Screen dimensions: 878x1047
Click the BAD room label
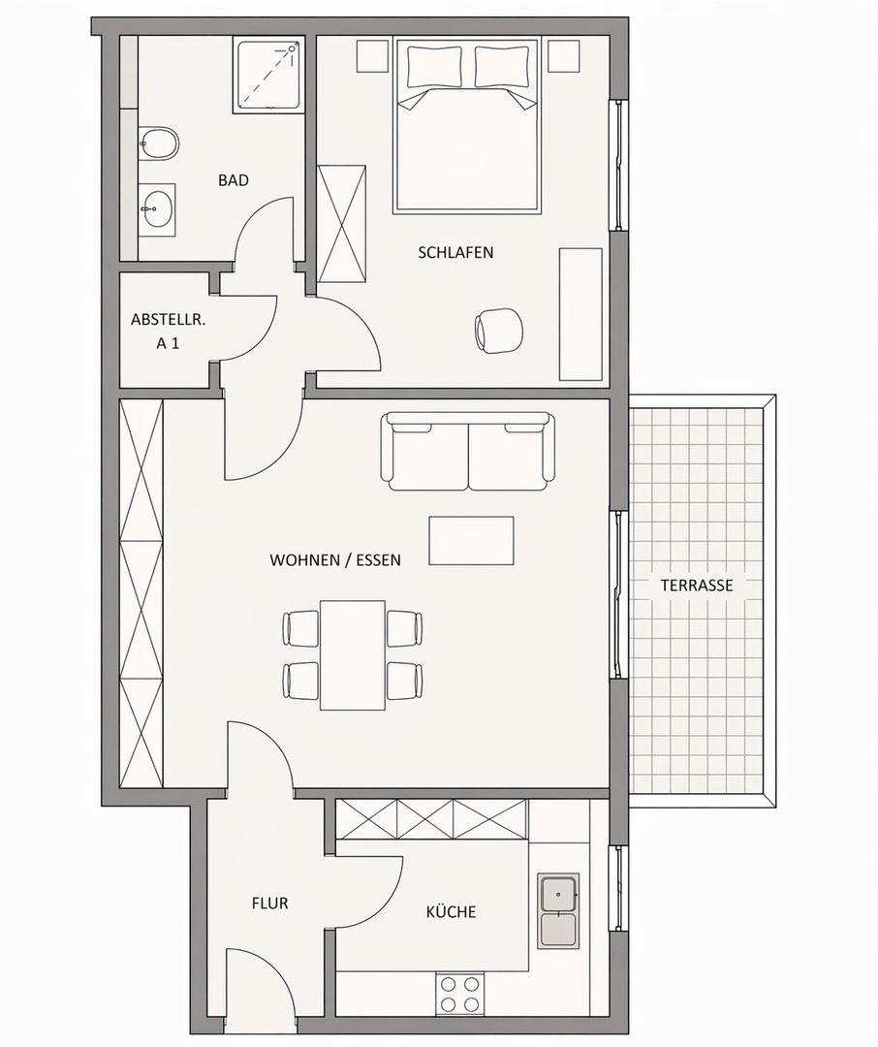point(233,180)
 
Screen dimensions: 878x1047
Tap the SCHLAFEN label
point(455,252)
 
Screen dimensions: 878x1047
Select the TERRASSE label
point(697,586)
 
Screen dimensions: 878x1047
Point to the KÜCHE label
point(451,911)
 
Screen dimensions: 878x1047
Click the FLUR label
point(269,904)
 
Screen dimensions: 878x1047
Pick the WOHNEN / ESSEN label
point(335,560)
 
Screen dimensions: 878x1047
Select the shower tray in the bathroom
point(267,76)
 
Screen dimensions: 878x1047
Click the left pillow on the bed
point(435,66)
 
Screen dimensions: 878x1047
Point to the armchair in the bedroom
point(498,330)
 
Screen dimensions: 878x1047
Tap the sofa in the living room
point(467,452)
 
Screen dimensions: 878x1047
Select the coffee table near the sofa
point(471,540)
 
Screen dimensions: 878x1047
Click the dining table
point(353,655)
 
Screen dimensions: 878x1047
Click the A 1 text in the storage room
point(168,344)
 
